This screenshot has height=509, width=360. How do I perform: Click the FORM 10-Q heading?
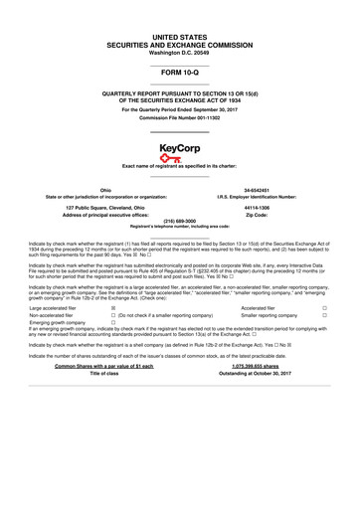click(180, 73)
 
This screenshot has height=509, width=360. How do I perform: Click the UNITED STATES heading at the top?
click(180, 35)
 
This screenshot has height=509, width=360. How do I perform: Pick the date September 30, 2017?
click(212, 108)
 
